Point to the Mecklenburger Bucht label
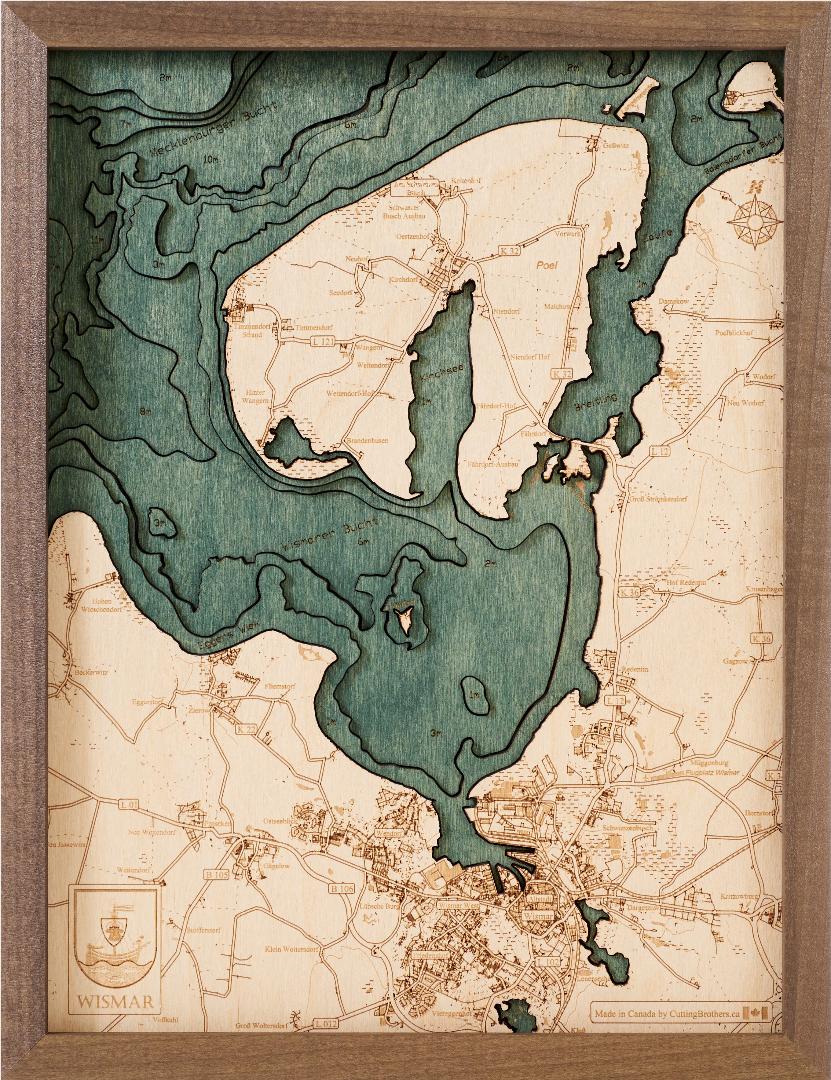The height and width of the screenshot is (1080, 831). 214,130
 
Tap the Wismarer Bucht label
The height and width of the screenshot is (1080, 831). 330,534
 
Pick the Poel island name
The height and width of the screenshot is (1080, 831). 547,265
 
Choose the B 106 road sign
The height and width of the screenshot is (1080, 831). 342,888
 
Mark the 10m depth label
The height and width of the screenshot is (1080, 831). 211,159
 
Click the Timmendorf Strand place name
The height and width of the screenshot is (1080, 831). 252,330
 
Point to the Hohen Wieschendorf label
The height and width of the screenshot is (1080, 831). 101,605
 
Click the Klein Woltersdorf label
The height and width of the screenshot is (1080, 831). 291,949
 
